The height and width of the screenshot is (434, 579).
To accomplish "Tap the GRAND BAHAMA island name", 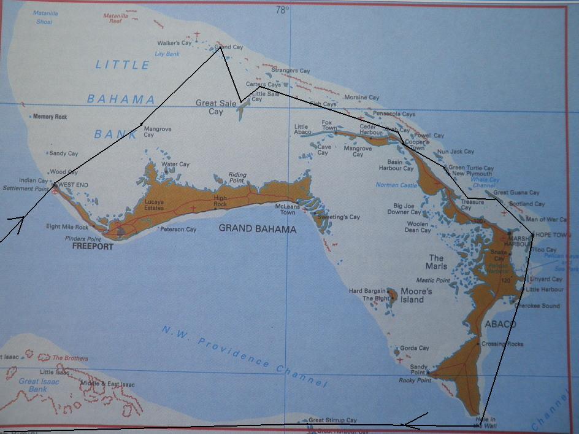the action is tap(258, 230).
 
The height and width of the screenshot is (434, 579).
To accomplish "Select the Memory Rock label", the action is tap(50, 117).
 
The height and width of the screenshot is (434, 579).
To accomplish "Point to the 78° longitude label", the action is tap(282, 9).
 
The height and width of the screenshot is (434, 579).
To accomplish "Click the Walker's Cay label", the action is tap(175, 43).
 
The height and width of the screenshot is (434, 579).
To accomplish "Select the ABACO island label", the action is tap(500, 324).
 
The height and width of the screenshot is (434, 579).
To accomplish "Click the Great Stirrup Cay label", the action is tap(332, 420).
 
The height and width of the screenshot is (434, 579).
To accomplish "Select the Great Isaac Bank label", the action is tap(38, 385).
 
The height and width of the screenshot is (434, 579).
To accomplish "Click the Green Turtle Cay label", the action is tap(471, 168).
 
